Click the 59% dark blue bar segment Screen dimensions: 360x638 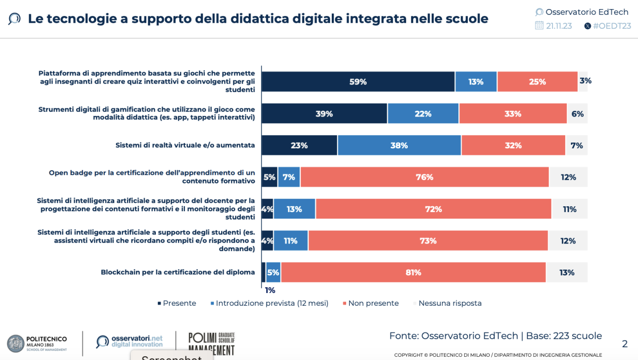(358, 82)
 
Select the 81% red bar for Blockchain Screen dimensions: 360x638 (413, 273)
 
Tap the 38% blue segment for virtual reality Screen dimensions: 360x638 (399, 145)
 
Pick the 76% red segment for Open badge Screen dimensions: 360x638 (424, 177)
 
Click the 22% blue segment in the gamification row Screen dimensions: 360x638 (423, 114)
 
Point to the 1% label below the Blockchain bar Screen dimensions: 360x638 (270, 290)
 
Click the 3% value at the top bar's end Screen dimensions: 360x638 (585, 81)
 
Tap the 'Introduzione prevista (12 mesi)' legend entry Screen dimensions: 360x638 (272, 303)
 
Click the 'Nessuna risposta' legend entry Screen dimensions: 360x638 (450, 303)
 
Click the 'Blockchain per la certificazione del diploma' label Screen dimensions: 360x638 (178, 272)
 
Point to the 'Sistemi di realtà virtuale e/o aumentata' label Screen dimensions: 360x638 (185, 145)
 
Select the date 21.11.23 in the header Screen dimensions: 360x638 (558, 26)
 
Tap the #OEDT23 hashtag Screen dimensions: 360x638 (611, 26)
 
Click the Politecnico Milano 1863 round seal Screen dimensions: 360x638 (16, 343)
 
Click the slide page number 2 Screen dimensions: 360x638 (625, 344)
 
